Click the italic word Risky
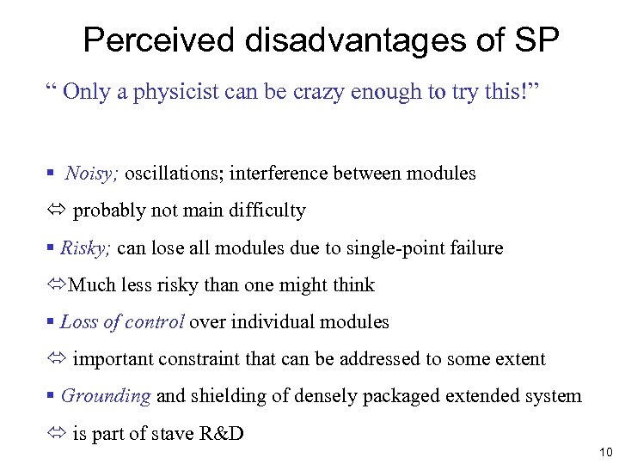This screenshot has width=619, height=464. click(86, 248)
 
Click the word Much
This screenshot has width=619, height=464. click(91, 285)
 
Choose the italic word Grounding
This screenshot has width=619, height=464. click(106, 396)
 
